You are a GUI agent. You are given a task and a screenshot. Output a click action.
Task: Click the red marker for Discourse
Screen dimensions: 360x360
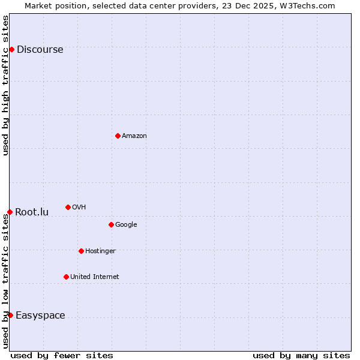click(11, 49)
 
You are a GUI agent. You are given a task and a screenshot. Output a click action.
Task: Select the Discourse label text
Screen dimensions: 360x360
click(40, 50)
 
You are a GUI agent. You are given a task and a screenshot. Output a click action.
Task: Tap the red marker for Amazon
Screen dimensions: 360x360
click(118, 136)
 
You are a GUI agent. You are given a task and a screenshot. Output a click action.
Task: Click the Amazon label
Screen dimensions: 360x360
click(134, 136)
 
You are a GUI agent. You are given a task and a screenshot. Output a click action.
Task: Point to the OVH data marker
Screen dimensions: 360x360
click(68, 207)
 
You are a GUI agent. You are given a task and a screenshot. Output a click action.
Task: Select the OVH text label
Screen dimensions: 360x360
click(79, 208)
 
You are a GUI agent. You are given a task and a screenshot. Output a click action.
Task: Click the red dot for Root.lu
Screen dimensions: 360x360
click(10, 212)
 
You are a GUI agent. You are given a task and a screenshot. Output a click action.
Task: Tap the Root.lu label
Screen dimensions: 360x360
click(32, 212)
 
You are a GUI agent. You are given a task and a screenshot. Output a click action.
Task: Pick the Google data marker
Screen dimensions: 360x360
click(111, 224)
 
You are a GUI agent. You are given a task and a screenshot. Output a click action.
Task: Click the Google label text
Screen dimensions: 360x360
click(126, 225)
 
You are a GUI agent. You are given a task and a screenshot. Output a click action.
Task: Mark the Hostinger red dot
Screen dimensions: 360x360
click(81, 251)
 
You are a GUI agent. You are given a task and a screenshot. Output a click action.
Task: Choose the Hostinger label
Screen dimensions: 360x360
click(100, 251)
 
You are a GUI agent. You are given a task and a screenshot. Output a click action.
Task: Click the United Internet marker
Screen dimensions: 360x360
click(66, 277)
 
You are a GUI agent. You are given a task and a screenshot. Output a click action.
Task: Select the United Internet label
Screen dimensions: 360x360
click(95, 277)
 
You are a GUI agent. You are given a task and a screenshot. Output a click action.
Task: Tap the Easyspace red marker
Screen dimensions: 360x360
click(10, 315)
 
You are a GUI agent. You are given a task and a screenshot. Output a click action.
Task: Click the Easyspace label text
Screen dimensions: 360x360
click(40, 316)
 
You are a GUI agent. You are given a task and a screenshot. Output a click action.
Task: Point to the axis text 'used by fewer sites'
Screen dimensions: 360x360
click(62, 355)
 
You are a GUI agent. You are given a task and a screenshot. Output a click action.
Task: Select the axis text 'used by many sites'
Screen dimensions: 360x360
click(301, 355)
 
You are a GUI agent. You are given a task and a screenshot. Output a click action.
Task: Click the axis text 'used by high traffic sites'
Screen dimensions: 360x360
click(6, 85)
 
